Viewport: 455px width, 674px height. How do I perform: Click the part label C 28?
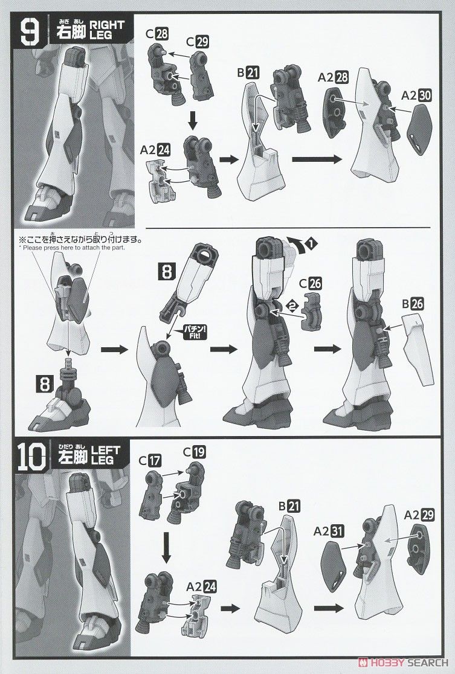click(157, 33)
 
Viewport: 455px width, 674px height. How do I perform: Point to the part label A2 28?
click(333, 77)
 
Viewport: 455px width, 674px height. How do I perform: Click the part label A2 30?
click(416, 95)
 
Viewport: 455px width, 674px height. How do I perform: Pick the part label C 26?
click(310, 284)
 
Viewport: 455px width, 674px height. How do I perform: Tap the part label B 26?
click(413, 304)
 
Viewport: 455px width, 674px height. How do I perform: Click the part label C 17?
click(150, 460)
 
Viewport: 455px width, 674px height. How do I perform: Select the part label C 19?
click(194, 452)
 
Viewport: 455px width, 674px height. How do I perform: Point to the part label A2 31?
click(329, 531)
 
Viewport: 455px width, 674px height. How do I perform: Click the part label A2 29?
click(419, 515)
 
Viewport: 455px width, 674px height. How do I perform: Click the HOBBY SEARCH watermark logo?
click(404, 663)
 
